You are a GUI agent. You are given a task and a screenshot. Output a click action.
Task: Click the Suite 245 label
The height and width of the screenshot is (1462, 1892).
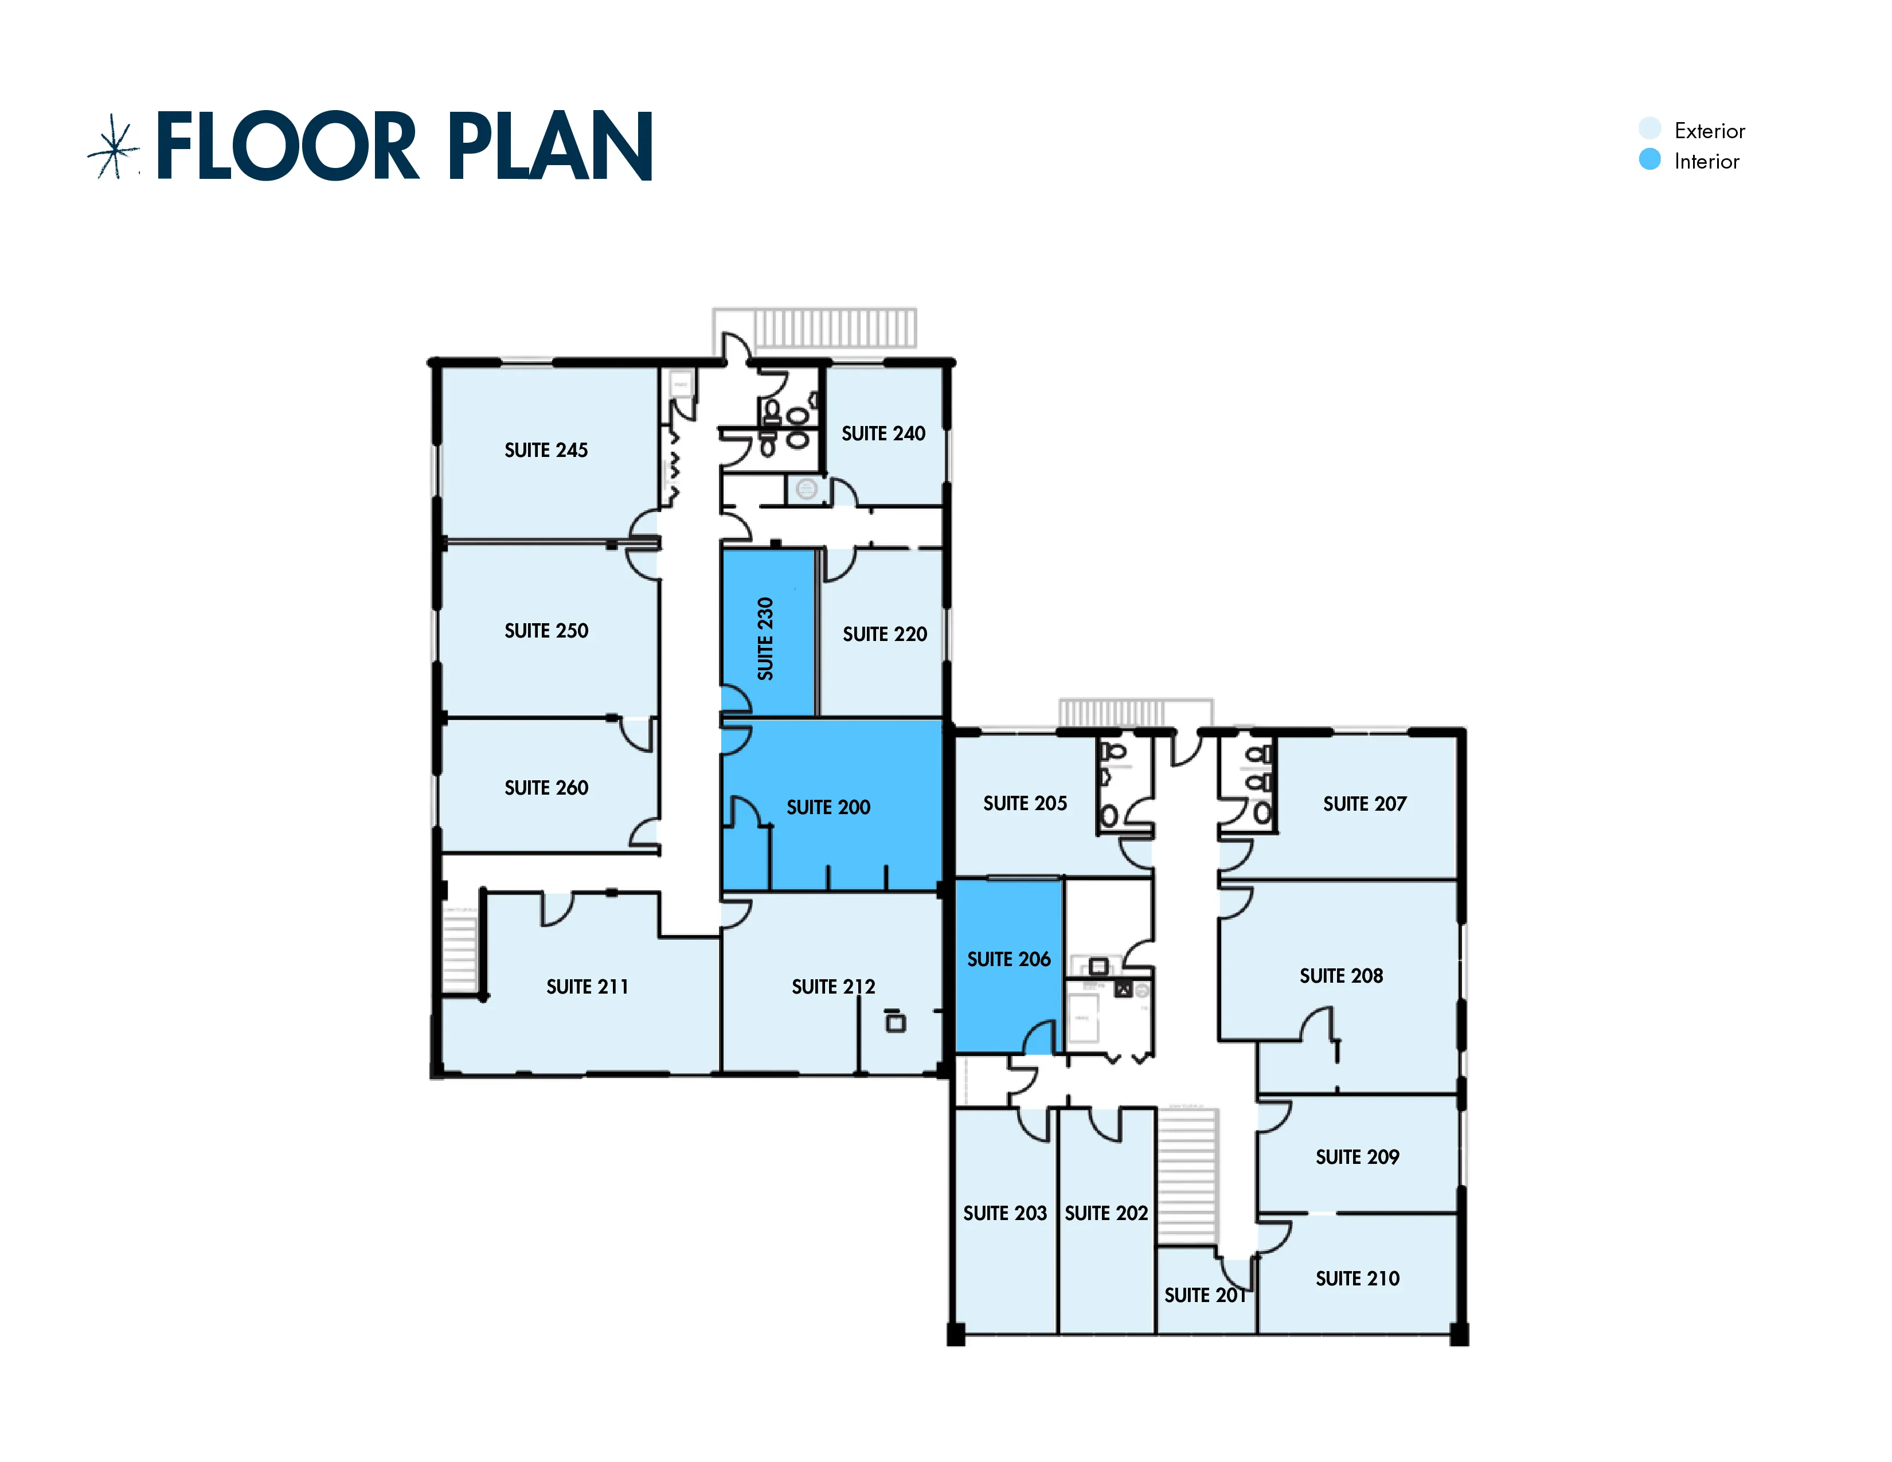[546, 451]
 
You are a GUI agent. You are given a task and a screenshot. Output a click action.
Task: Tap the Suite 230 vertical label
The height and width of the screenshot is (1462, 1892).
[765, 638]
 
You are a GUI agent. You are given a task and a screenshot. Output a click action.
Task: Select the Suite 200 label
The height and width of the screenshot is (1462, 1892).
[828, 807]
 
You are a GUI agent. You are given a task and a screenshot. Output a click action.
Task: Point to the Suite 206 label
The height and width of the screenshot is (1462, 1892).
[1008, 959]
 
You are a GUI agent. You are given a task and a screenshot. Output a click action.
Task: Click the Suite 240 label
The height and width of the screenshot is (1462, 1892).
[884, 433]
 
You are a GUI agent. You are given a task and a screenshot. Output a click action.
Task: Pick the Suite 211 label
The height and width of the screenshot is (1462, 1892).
[587, 987]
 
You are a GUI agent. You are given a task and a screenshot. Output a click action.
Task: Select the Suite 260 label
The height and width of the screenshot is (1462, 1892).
[546, 787]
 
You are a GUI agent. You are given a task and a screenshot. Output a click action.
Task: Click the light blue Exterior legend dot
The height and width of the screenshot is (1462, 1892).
[1649, 128]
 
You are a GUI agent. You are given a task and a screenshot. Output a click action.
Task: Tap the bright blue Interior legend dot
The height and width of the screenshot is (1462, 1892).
[1649, 159]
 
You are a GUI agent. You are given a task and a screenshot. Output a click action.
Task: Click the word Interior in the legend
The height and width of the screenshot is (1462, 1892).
[1707, 161]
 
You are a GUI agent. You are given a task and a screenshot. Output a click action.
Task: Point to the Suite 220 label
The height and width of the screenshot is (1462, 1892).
[885, 634]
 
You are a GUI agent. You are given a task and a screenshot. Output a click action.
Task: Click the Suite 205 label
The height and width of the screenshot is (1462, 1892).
[1025, 803]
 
